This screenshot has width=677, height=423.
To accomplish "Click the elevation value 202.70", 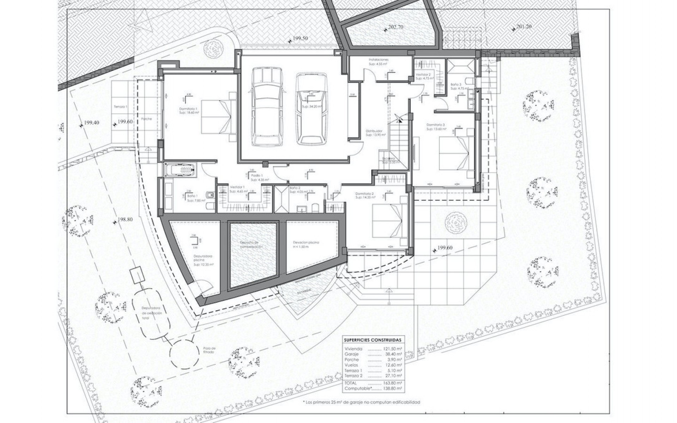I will pyautogui.click(x=395, y=27).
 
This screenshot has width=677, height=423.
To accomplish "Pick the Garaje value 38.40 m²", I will pyautogui.click(x=394, y=354).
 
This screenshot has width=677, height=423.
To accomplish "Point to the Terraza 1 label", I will pyautogui.click(x=120, y=106).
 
